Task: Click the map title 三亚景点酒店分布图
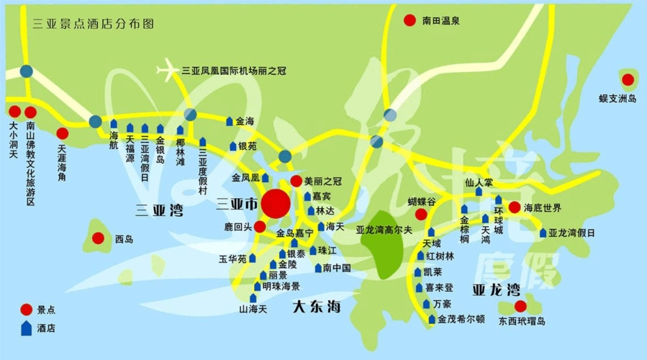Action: tap(94, 23)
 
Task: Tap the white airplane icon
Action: tap(168, 71)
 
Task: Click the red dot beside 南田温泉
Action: tap(410, 21)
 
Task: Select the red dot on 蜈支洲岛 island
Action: tap(628, 79)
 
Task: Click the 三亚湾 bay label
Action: tap(159, 211)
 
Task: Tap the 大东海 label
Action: tap(317, 307)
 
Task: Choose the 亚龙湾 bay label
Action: tap(496, 290)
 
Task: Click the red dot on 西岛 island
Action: tap(99, 238)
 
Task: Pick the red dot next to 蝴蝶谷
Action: tap(421, 215)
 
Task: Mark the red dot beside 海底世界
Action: tap(515, 207)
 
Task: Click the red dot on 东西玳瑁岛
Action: tap(520, 305)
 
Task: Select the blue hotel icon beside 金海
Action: tap(230, 122)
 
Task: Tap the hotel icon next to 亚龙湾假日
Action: tap(543, 233)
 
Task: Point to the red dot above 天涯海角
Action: tap(63, 133)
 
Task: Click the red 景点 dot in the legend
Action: tap(26, 310)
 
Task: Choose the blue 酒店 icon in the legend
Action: tap(27, 328)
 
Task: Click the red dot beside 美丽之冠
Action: tap(296, 181)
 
